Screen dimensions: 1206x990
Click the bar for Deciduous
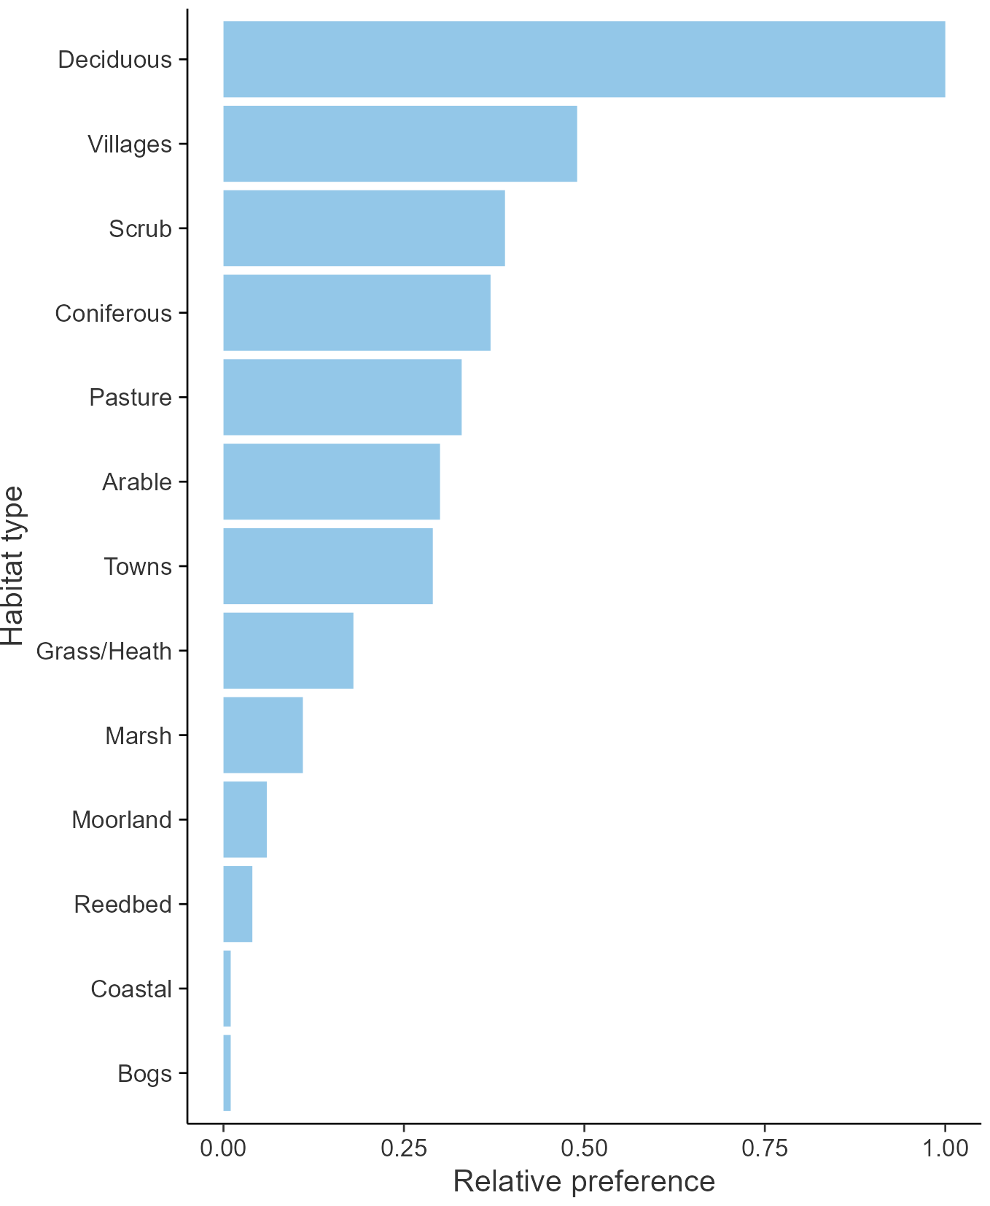click(583, 59)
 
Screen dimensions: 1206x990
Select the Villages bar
click(399, 144)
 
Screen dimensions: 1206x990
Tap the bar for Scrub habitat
click(364, 228)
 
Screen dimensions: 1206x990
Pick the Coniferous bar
click(356, 313)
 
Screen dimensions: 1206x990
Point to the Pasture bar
click(342, 397)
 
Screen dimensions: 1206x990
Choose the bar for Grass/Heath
click(288, 650)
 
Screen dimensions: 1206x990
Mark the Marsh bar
click(262, 735)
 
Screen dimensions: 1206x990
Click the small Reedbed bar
click(238, 904)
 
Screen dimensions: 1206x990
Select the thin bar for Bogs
click(227, 1073)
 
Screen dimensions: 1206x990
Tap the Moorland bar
click(244, 819)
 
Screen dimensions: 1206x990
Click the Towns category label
click(137, 566)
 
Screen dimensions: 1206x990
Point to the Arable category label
click(136, 482)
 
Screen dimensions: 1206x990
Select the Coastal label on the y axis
click(131, 989)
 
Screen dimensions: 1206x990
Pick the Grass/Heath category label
click(104, 651)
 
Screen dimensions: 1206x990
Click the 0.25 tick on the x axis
click(403, 1148)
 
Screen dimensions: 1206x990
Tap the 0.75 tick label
click(765, 1148)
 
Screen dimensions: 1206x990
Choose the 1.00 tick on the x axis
click(945, 1148)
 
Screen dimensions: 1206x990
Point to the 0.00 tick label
click(223, 1148)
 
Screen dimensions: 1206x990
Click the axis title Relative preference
click(584, 1181)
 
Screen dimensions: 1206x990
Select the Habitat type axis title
click(13, 566)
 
